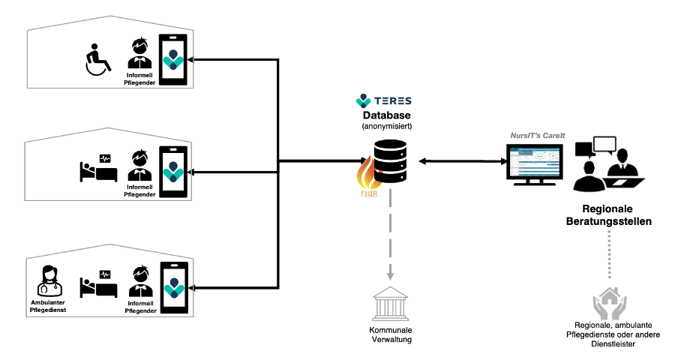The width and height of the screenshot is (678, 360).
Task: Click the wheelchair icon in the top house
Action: click(x=97, y=60)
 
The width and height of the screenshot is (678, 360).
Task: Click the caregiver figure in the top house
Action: click(x=139, y=58)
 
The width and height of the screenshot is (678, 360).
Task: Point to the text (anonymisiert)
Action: click(x=388, y=127)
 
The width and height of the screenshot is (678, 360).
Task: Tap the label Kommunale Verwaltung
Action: click(x=390, y=334)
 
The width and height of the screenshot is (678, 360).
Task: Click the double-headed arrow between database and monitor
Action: click(x=460, y=161)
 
